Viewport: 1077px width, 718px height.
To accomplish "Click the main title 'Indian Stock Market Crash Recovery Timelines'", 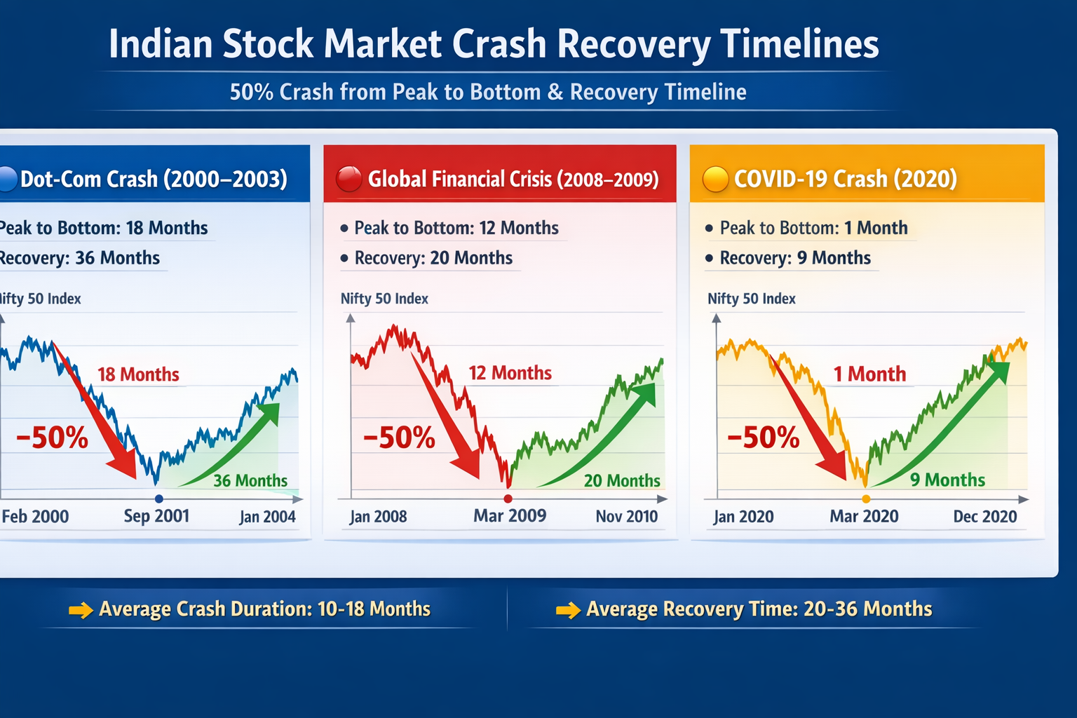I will [494, 43].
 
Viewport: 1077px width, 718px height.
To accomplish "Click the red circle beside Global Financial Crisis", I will [348, 179].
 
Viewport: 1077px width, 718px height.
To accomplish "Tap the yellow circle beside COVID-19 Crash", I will [716, 179].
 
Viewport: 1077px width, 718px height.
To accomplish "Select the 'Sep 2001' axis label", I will [156, 516].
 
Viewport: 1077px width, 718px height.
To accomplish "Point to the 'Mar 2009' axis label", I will [510, 516].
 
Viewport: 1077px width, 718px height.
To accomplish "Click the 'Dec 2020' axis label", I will [984, 517].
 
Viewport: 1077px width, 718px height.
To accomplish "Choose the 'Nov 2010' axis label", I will [626, 517].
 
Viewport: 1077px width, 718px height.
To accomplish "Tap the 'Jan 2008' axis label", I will [378, 517].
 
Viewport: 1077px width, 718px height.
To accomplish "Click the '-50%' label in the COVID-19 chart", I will [763, 438].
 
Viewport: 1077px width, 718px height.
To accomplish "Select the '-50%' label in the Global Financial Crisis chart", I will [399, 438].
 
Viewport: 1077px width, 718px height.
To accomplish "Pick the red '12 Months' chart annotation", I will [510, 373].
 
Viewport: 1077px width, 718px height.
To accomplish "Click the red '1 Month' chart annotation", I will [869, 374].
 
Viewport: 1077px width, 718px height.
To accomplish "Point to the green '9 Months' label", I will [947, 480].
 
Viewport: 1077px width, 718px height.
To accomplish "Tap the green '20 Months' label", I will [622, 481].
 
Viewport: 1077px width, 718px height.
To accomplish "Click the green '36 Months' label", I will [250, 481].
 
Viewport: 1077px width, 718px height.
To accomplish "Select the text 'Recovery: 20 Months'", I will [433, 258].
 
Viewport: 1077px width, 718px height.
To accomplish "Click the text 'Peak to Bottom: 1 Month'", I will [813, 228].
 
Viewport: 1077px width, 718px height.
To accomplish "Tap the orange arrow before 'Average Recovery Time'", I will [568, 610].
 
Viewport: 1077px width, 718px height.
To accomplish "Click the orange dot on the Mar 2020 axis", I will [866, 499].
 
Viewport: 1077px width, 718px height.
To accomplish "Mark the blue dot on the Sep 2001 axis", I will [159, 499].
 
